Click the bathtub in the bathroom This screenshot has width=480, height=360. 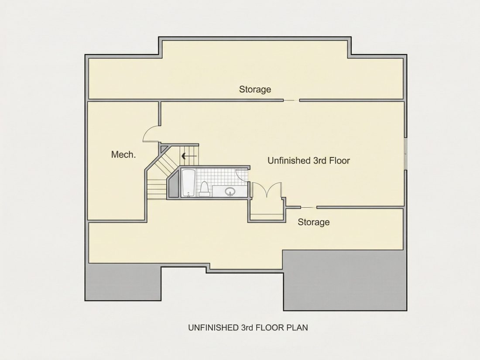(188, 183)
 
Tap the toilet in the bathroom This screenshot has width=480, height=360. (204, 189)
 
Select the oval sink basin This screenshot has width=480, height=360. (230, 192)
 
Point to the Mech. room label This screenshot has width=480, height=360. (123, 154)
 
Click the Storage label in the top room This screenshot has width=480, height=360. (255, 89)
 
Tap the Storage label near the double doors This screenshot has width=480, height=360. (313, 222)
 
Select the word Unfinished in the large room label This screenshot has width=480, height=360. (289, 161)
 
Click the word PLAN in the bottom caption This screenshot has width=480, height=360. (297, 328)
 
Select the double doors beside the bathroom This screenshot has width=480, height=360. (267, 190)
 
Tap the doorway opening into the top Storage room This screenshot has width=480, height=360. (291, 100)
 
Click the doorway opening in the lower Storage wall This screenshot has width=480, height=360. (309, 208)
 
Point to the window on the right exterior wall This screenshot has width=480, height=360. (405, 153)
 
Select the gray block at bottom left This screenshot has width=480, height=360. (123, 282)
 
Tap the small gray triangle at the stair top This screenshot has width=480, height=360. (164, 149)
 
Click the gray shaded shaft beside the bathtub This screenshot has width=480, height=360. (173, 185)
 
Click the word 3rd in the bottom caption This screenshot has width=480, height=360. (247, 328)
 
